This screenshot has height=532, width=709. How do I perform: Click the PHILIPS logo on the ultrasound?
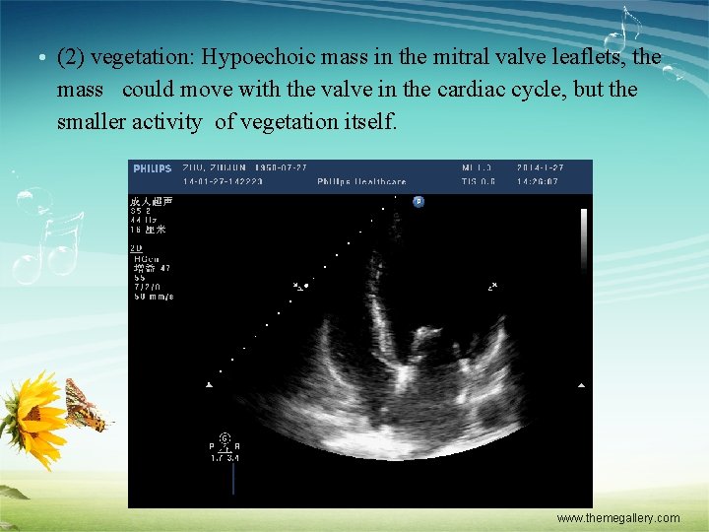tap(152, 168)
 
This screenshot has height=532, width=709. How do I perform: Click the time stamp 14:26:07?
tap(538, 181)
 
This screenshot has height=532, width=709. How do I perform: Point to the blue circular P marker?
tap(418, 201)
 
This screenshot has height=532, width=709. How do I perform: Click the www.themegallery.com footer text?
tap(617, 518)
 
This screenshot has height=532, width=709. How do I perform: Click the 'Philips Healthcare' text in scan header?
tap(360, 181)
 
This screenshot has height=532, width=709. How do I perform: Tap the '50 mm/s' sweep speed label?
tap(153, 296)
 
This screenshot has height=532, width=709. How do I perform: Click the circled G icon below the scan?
tap(224, 436)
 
